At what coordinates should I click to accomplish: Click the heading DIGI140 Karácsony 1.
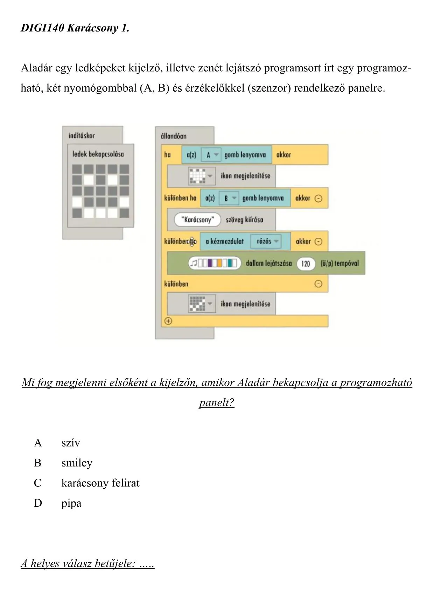coord(75,28)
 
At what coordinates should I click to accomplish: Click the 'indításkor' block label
coord(82,136)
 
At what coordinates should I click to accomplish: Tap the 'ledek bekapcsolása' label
coord(98,154)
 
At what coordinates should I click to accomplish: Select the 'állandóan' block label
coord(174,136)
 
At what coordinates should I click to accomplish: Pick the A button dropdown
coord(212,155)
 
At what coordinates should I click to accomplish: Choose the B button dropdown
coord(230,198)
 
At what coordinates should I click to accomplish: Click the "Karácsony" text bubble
coord(198,220)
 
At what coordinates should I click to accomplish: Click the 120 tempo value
coord(306,263)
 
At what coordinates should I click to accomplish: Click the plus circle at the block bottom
coord(168,321)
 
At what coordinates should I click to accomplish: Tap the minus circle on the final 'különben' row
coord(318,284)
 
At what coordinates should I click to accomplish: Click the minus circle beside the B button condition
coord(318,198)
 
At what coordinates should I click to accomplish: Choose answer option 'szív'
coord(71,443)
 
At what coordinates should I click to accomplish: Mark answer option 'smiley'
coord(77,463)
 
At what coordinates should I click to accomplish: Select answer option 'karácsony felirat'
coord(100,483)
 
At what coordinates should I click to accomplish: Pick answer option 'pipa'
coord(71,504)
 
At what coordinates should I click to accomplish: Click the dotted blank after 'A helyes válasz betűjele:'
coord(147,564)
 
